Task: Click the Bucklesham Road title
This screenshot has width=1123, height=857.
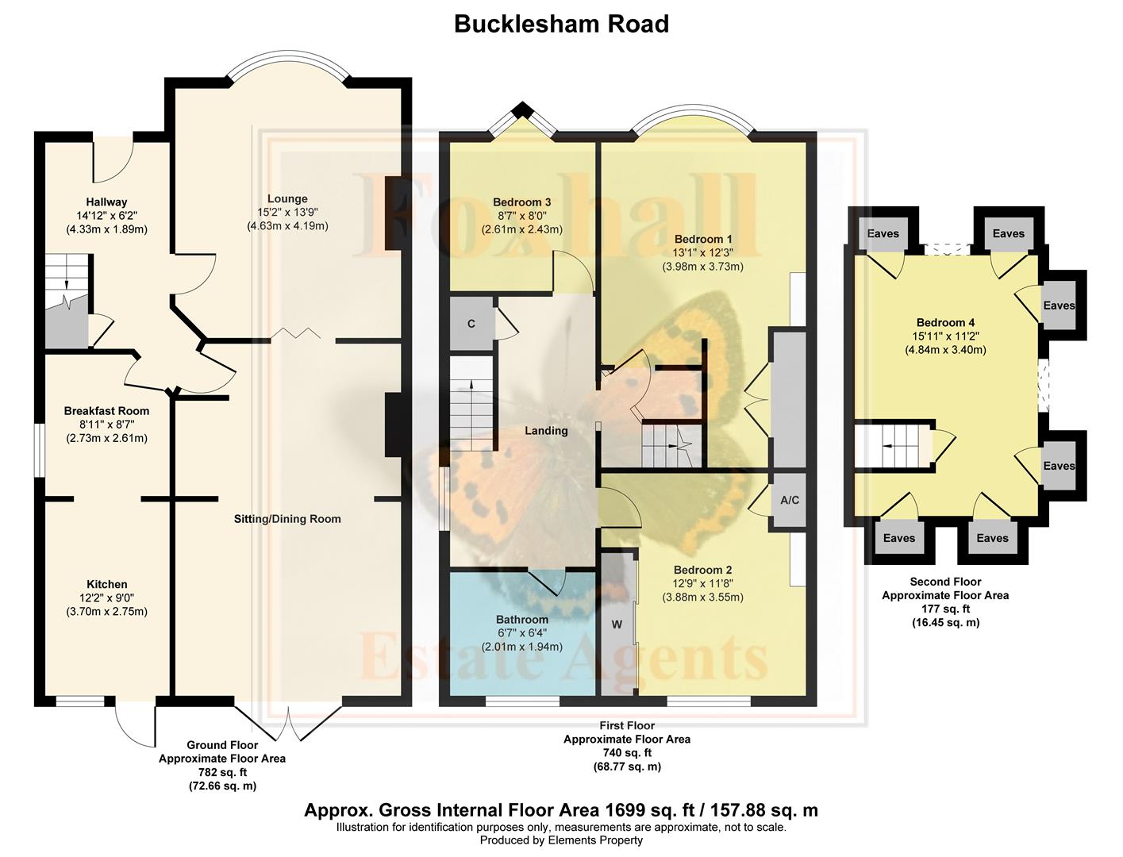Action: pyautogui.click(x=561, y=24)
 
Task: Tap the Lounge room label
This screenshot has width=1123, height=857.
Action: pyautogui.click(x=287, y=199)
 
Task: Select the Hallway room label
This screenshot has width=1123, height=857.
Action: pyautogui.click(x=106, y=202)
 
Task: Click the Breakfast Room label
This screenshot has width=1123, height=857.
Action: pyautogui.click(x=106, y=411)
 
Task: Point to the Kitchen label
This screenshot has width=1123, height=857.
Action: pyautogui.click(x=106, y=585)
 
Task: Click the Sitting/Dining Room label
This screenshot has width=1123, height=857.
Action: pyautogui.click(x=287, y=519)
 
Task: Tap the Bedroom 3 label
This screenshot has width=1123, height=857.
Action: pyautogui.click(x=522, y=202)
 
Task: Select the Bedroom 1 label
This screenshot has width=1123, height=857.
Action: pyautogui.click(x=702, y=239)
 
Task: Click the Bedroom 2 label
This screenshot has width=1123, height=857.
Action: pyautogui.click(x=702, y=570)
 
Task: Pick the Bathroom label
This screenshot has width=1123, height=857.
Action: pyautogui.click(x=522, y=620)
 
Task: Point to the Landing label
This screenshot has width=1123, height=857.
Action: pyautogui.click(x=546, y=431)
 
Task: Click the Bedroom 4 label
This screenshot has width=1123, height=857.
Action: pyautogui.click(x=945, y=323)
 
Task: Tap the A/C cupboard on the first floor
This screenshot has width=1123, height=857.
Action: pyautogui.click(x=790, y=501)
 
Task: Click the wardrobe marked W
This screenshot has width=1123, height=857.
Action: pyautogui.click(x=617, y=624)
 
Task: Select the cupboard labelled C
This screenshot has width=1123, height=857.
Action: pyautogui.click(x=471, y=324)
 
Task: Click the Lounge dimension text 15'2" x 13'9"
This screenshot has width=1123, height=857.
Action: pyautogui.click(x=287, y=213)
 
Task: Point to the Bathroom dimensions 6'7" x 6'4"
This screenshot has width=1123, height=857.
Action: pyautogui.click(x=522, y=633)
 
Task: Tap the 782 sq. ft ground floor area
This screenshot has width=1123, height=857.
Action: pyautogui.click(x=222, y=772)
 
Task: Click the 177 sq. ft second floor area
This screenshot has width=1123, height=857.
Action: pyautogui.click(x=945, y=609)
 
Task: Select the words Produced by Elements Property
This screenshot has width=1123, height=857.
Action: pyautogui.click(x=561, y=840)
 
